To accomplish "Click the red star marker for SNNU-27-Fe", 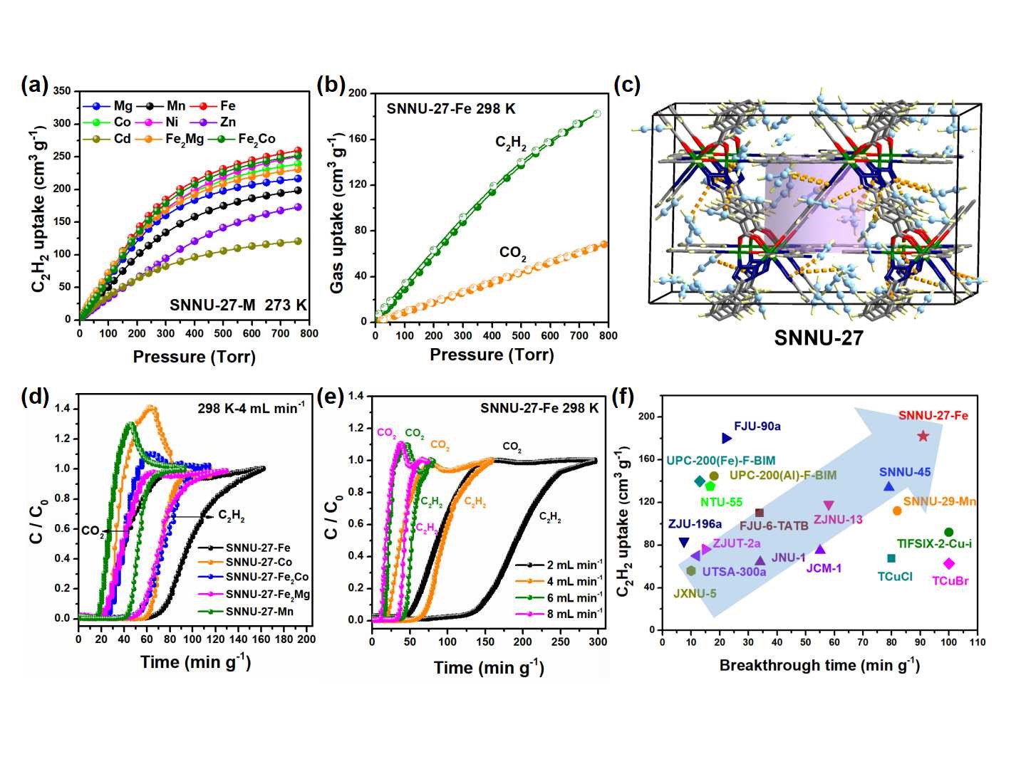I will click(x=923, y=436).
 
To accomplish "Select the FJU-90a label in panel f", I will click(x=757, y=427).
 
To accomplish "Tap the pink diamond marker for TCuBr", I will click(x=948, y=564).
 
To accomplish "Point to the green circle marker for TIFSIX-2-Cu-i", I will click(x=948, y=532).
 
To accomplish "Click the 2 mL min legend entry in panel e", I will click(x=559, y=565).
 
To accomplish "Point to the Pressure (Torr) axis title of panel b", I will click(x=491, y=355).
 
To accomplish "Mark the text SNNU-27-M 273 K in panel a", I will click(x=238, y=305).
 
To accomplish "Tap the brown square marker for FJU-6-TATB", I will click(x=759, y=513).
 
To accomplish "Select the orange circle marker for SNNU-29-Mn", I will click(x=897, y=511).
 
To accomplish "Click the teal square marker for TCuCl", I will click(x=891, y=558).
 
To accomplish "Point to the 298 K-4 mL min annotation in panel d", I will click(x=251, y=408).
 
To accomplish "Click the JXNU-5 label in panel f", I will click(x=695, y=593).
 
